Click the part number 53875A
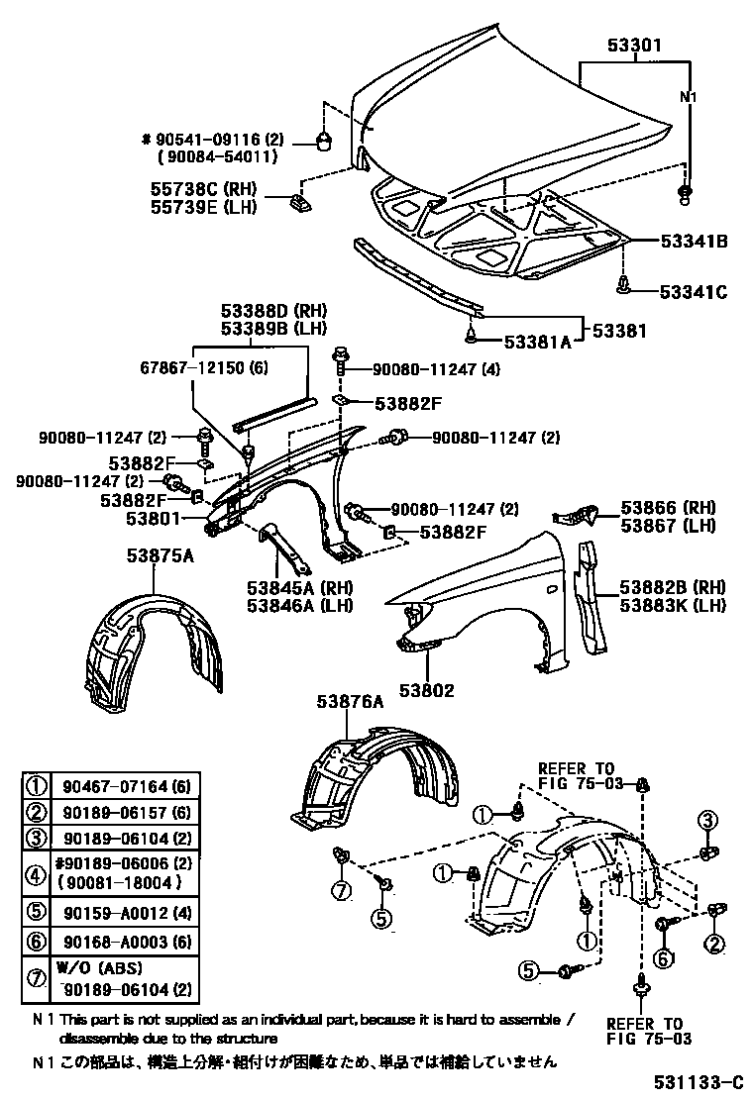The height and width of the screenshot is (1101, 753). [x=160, y=556]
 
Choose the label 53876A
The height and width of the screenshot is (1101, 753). [x=350, y=701]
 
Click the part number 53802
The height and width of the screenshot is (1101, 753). [x=427, y=690]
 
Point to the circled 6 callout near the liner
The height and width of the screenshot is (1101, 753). [x=663, y=957]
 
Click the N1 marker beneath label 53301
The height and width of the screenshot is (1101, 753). [x=687, y=97]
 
